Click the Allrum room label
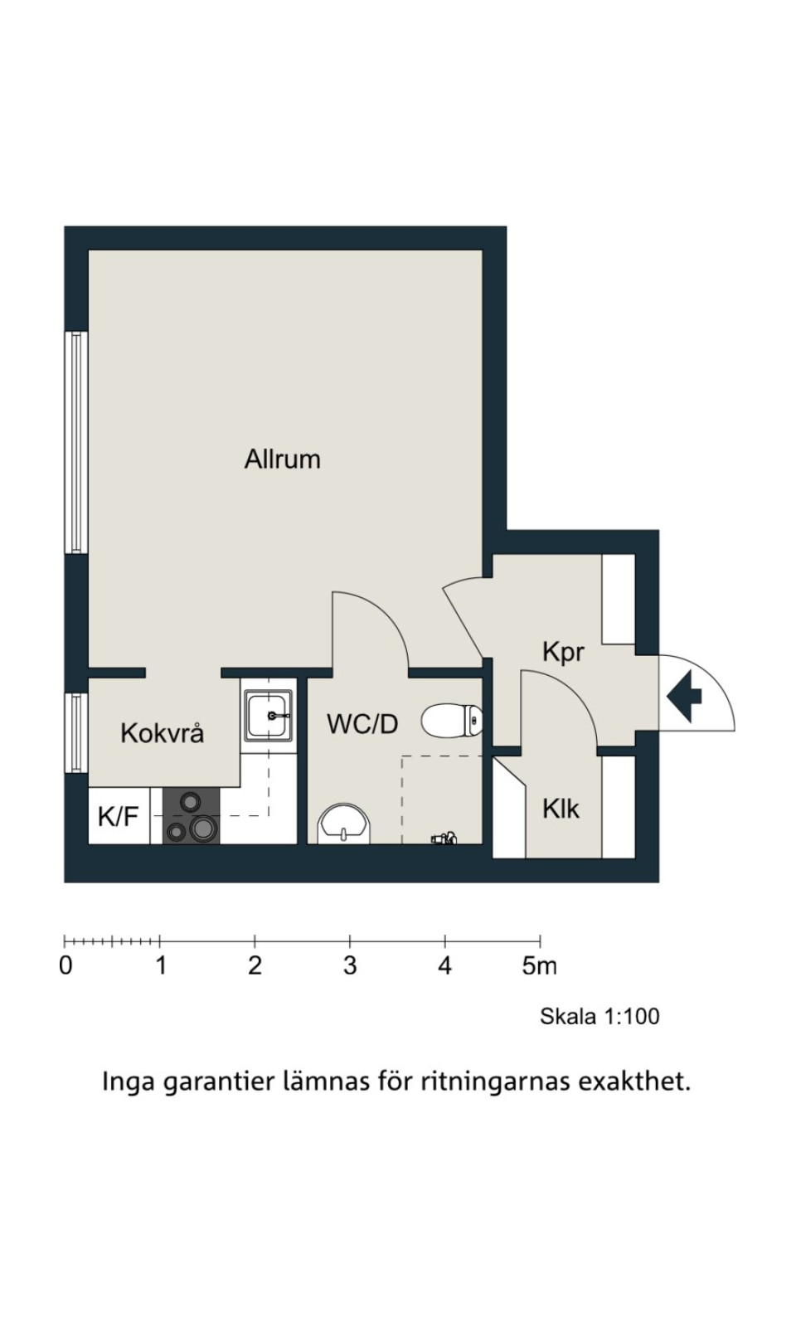point(283,459)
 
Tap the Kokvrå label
point(163,732)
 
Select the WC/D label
point(363,723)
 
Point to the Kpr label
point(564,653)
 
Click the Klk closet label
point(561,809)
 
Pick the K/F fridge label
point(118,817)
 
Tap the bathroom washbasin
point(344,823)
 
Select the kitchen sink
point(269,716)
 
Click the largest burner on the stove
point(201,829)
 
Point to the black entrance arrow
point(685,697)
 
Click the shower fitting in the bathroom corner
point(444,838)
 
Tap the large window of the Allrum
point(76,443)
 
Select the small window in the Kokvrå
point(76,732)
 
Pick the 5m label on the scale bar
point(539,966)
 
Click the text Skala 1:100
point(599,1016)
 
